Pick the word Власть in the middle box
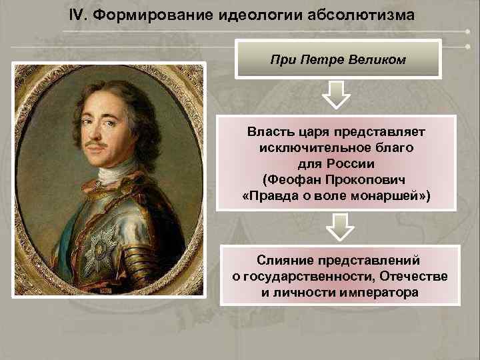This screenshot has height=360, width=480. [270, 132]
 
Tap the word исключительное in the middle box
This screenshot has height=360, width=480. [301, 148]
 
